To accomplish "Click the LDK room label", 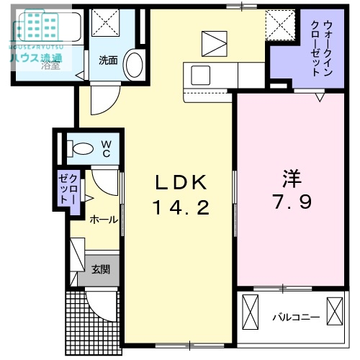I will coord(180,181).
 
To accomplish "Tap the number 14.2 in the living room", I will coord(180,208).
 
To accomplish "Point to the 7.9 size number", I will coord(292,202).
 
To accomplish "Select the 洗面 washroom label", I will coord(108,60).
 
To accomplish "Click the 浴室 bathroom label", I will coord(50,66).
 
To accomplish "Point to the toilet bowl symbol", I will coord(81,149).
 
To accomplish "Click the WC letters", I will coord(105,148).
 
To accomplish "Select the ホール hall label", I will coord(104,220).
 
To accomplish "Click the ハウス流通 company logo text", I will coord(36,58).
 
